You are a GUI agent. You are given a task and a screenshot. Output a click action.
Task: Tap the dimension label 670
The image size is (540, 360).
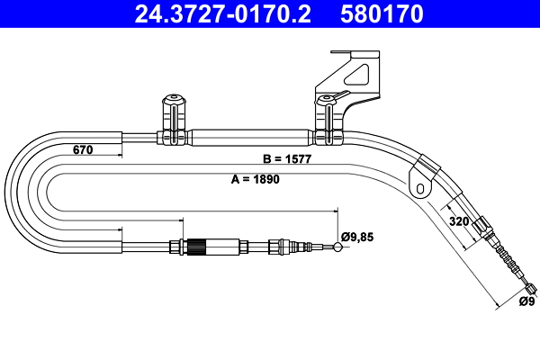(83, 150)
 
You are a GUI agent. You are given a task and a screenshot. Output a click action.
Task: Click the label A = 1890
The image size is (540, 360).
(256, 179)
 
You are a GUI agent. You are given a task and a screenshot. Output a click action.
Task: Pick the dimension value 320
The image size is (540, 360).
(459, 220)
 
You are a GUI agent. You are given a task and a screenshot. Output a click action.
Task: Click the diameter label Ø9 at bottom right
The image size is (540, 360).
(526, 301)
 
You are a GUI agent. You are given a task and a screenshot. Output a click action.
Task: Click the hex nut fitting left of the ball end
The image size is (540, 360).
(287, 245)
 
